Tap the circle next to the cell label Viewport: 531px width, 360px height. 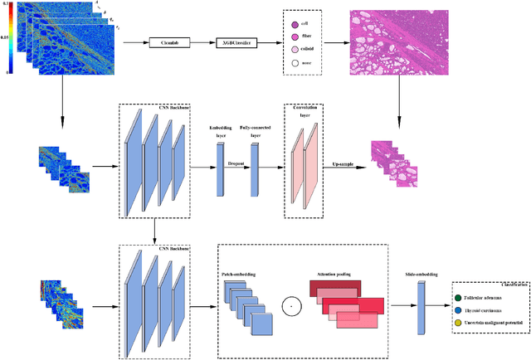point(295,25)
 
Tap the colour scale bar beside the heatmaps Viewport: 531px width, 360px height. point(8,40)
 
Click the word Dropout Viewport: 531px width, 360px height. point(237,165)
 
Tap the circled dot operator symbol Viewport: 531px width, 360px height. point(290,308)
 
